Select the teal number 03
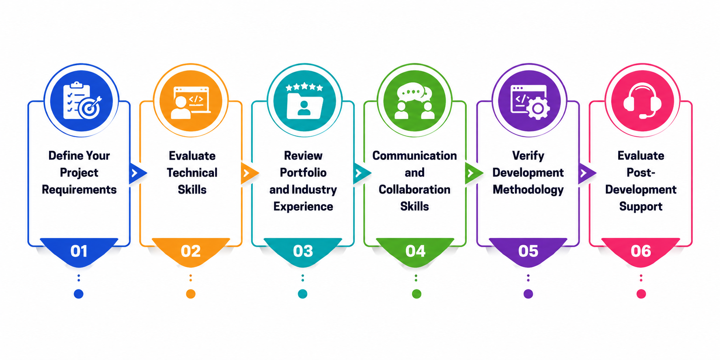[303, 251]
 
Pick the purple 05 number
[528, 251]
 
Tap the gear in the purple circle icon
[538, 108]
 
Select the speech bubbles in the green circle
[414, 93]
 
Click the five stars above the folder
[304, 87]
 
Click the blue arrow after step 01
[137, 173]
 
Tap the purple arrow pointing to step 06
[586, 173]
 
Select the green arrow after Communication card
[474, 173]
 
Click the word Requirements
[79, 190]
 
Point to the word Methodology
[528, 190]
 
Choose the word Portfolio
[303, 172]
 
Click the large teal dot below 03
[302, 294]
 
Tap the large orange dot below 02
[191, 294]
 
